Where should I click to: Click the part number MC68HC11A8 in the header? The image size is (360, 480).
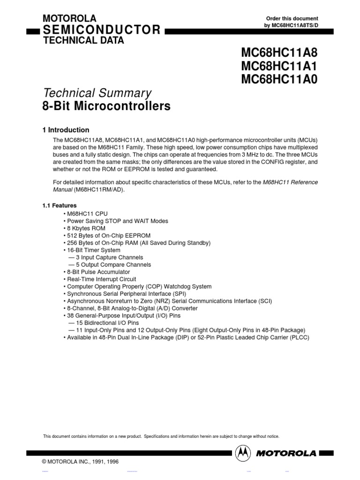click(279, 52)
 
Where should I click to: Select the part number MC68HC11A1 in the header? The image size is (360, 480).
click(279, 65)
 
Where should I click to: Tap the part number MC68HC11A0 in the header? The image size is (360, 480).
click(279, 79)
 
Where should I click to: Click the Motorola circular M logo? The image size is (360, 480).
click(243, 453)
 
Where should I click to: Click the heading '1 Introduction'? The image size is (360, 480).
click(66, 130)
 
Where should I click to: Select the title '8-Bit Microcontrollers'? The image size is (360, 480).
click(106, 106)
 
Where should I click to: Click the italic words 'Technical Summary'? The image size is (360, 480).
click(97, 93)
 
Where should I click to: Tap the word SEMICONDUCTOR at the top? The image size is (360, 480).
click(102, 30)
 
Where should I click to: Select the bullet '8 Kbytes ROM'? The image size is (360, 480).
click(84, 228)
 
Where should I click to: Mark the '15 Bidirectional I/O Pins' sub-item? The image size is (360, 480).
click(105, 323)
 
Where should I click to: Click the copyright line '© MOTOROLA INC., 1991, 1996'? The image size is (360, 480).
click(81, 462)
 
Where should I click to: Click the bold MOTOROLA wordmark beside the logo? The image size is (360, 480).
click(286, 453)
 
